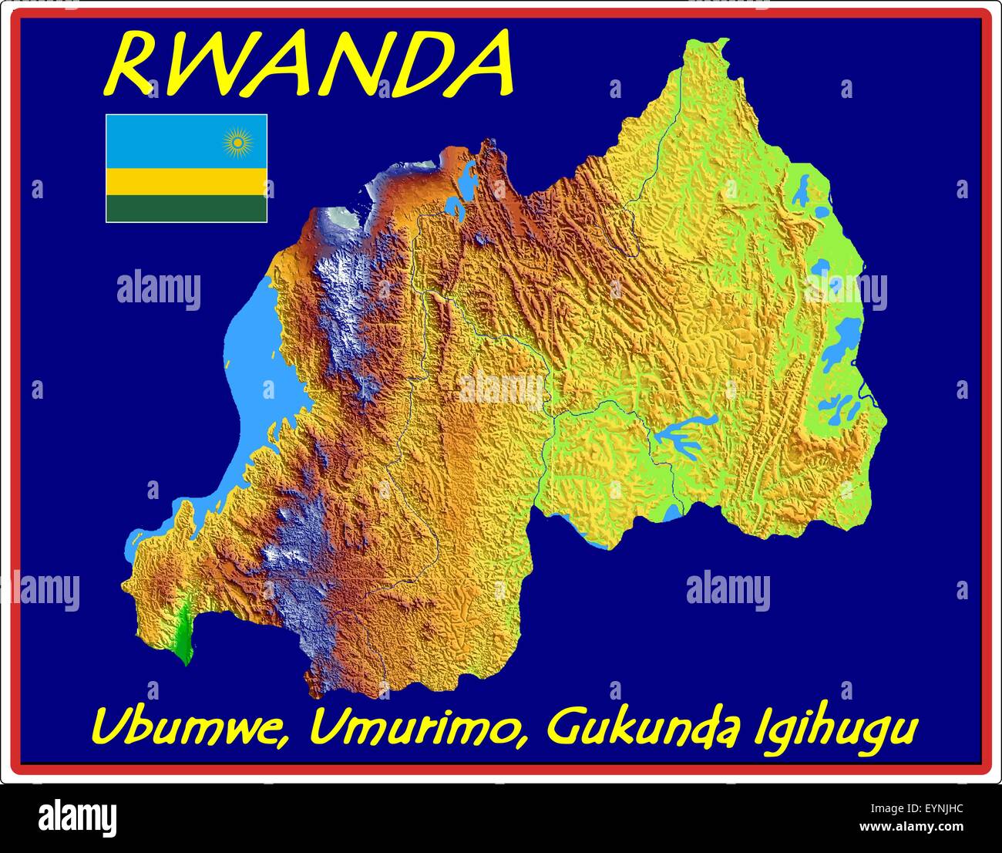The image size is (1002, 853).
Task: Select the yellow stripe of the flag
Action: click(186, 182)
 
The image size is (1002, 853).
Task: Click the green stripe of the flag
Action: click(186, 208)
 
